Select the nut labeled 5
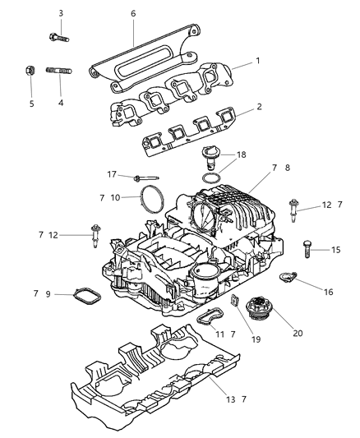click(x=27, y=71)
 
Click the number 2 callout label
click(x=236, y=107)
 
